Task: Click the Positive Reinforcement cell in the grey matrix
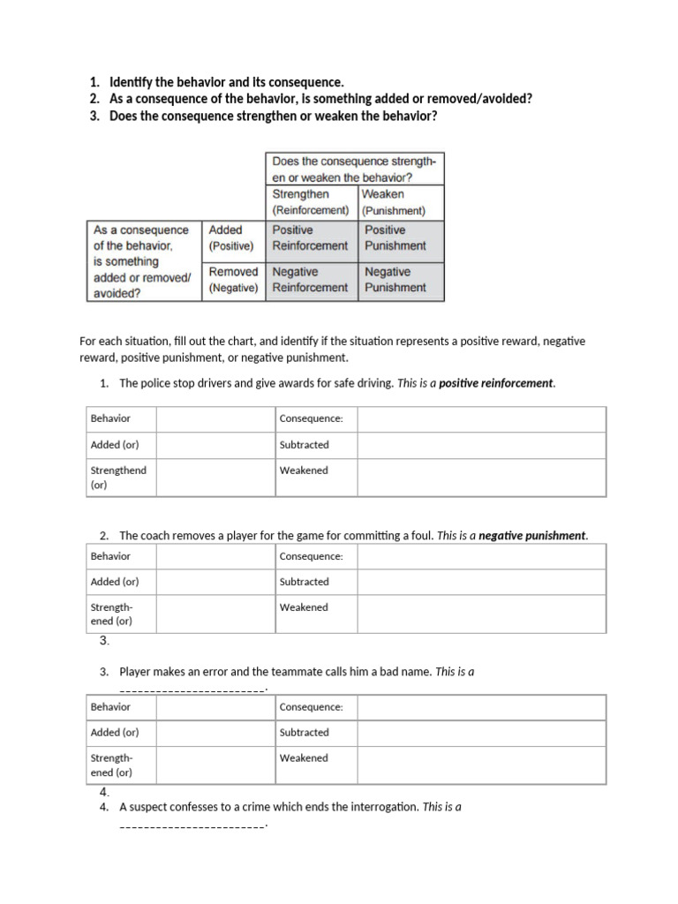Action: coord(310,237)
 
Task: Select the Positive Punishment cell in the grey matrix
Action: coord(395,237)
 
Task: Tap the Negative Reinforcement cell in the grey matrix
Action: coord(310,280)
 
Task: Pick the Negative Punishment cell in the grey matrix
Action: coord(395,280)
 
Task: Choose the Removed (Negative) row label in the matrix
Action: coord(233,280)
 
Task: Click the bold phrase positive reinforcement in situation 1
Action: coord(496,383)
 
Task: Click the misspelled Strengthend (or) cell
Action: coord(118,477)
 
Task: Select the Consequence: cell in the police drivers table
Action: coord(312,418)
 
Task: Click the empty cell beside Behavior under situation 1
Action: coord(215,418)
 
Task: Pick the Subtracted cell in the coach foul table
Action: coord(305,582)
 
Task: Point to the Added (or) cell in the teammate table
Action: coord(115,733)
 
